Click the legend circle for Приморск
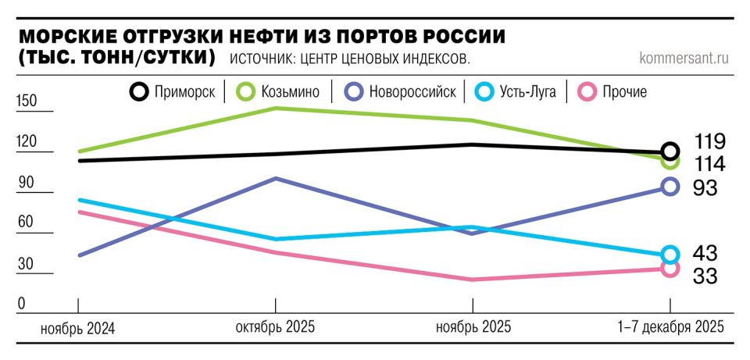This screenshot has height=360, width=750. [138, 92]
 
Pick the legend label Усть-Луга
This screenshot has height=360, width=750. [528, 92]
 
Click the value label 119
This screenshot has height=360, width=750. [709, 142]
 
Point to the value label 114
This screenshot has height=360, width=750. [709, 164]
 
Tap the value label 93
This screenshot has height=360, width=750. [705, 187]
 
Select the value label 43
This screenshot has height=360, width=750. [705, 254]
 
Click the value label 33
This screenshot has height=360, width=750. [705, 276]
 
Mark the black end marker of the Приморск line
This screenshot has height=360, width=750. [670, 151]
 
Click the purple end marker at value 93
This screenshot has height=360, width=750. [670, 186]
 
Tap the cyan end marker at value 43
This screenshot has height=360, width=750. [670, 255]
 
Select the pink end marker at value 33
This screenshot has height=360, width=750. [670, 269]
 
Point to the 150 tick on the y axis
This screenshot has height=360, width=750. [27, 102]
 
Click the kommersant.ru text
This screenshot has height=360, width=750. [684, 58]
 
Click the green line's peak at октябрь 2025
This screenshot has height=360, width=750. [276, 108]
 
